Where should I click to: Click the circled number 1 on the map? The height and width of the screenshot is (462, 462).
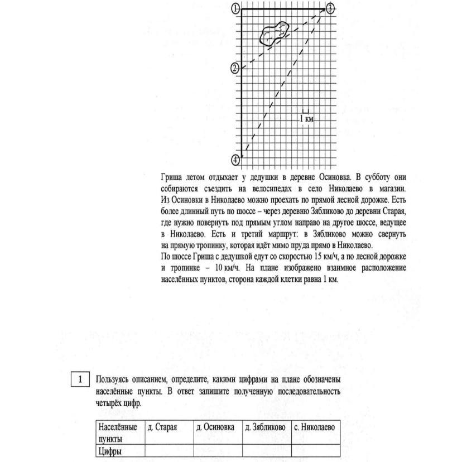tap(235, 8)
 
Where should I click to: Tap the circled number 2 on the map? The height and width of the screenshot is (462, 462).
tap(235, 68)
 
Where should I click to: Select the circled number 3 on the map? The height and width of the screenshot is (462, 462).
tap(330, 8)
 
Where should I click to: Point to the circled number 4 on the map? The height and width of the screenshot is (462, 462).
tap(235, 160)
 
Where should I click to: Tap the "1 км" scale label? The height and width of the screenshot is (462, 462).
tap(306, 118)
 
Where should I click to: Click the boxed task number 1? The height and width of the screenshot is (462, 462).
tap(80, 379)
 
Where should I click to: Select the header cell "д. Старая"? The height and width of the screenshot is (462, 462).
tap(162, 427)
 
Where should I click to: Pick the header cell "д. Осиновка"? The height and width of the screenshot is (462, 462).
tap(215, 427)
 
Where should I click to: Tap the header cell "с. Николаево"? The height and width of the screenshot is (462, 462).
tap(315, 427)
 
